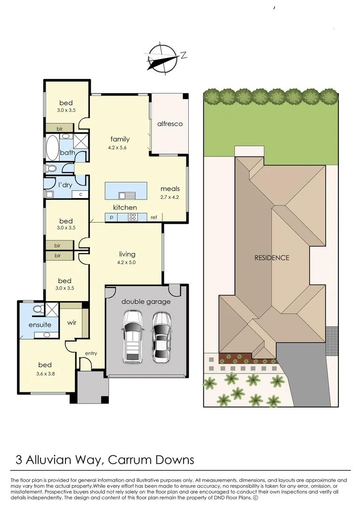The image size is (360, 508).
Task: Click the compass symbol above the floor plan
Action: click(162, 58)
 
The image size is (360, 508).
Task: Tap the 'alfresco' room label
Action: click(169, 124)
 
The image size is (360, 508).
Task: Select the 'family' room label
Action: click(120, 139)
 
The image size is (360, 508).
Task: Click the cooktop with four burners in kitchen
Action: click(133, 217)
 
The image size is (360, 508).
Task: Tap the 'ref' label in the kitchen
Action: click(153, 217)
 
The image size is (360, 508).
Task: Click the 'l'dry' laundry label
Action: click(65, 185)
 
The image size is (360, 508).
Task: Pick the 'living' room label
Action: click(127, 254)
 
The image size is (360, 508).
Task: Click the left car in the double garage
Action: click(132, 336)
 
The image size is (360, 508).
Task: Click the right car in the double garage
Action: click(161, 336)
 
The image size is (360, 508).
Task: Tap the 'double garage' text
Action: click(146, 302)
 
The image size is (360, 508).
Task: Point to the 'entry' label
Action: click(91, 353)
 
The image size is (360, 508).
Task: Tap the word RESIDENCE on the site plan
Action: click(272, 258)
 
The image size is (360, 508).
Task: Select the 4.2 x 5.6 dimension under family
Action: click(117, 148)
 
